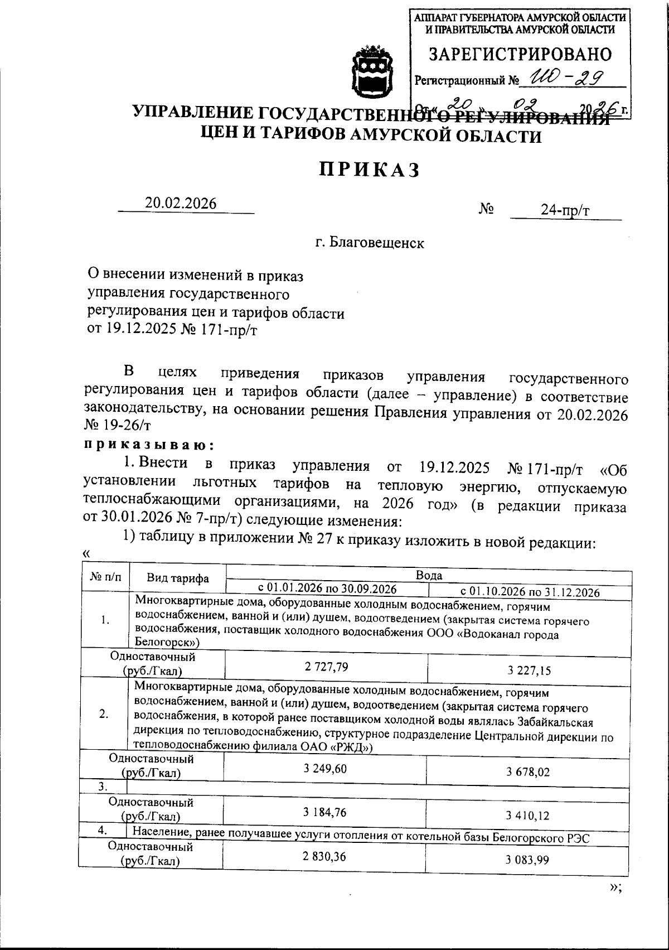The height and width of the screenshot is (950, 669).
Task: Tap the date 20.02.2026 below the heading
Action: tap(181, 204)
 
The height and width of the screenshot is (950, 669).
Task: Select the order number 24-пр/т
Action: tap(565, 210)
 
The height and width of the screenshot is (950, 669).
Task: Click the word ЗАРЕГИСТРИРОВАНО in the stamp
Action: tap(520, 55)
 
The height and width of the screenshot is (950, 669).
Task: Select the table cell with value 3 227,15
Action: tap(529, 671)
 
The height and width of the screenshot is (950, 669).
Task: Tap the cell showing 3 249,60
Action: tap(325, 768)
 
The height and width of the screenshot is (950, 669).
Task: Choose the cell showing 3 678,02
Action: tap(528, 772)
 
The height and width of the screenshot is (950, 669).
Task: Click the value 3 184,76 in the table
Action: tap(324, 812)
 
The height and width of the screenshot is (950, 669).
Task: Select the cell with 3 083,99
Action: tap(527, 860)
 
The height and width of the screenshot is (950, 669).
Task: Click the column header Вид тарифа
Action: tap(177, 578)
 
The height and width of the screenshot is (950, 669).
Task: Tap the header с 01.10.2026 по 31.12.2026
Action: tap(530, 592)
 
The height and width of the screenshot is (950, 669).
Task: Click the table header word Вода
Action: tap(429, 575)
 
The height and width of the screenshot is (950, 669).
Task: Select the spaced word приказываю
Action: tap(149, 445)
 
